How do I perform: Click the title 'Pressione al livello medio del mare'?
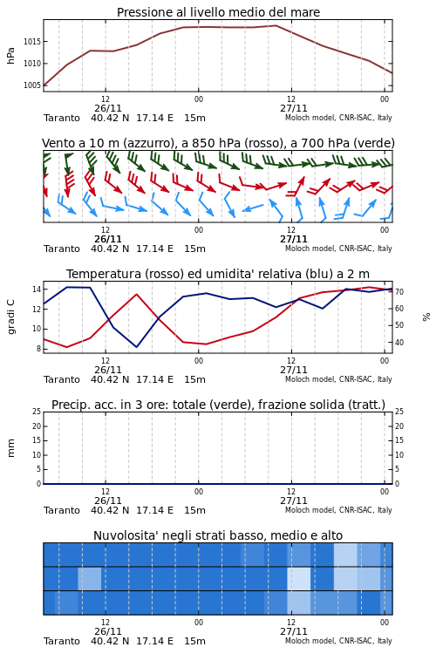coord(218,12)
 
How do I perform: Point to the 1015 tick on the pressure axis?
coord(31,41)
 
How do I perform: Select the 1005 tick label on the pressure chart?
coord(31,85)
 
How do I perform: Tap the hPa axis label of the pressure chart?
coord(10,56)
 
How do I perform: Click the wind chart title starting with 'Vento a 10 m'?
coord(218,143)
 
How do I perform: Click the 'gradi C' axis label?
coord(10,317)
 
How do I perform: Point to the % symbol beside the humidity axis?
coord(426,317)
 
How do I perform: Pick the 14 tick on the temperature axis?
coord(37,289)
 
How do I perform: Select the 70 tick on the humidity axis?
coord(399,291)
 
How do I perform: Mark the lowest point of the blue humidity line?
coord(136,346)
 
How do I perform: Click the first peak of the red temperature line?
coord(136,294)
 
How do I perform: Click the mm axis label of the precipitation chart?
coord(10,448)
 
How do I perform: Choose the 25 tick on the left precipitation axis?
coord(37,412)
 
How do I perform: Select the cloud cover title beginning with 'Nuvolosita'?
coord(218,535)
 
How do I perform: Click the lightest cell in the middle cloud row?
coord(299,578)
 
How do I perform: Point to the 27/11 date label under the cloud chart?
coord(294,631)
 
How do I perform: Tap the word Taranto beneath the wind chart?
coord(62,249)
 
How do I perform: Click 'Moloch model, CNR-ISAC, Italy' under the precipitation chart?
coord(338,510)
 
